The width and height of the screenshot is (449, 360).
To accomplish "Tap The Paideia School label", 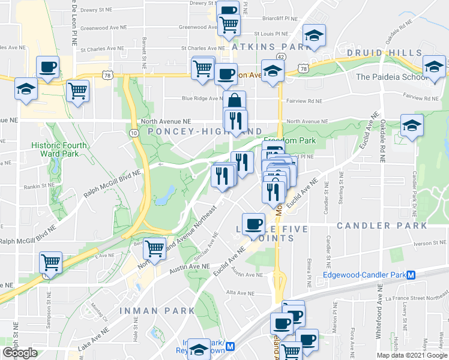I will tap(389, 77).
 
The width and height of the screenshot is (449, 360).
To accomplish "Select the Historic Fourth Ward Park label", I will tap(59, 149).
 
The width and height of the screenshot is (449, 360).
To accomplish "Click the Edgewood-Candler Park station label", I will tap(364, 275).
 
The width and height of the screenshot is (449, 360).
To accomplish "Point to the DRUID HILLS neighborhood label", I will tap(384, 53).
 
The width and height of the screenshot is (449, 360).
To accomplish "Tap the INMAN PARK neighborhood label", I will tap(157, 310).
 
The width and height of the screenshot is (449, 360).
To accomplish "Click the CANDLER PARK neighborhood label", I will tap(382, 226).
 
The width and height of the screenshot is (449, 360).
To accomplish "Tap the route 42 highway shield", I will tap(281, 56).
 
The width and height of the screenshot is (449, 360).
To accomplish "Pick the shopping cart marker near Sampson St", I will tap(50, 262).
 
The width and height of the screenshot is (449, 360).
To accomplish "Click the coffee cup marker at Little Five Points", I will tap(253, 223).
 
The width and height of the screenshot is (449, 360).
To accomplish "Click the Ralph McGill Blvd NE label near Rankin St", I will tap(112, 182).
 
